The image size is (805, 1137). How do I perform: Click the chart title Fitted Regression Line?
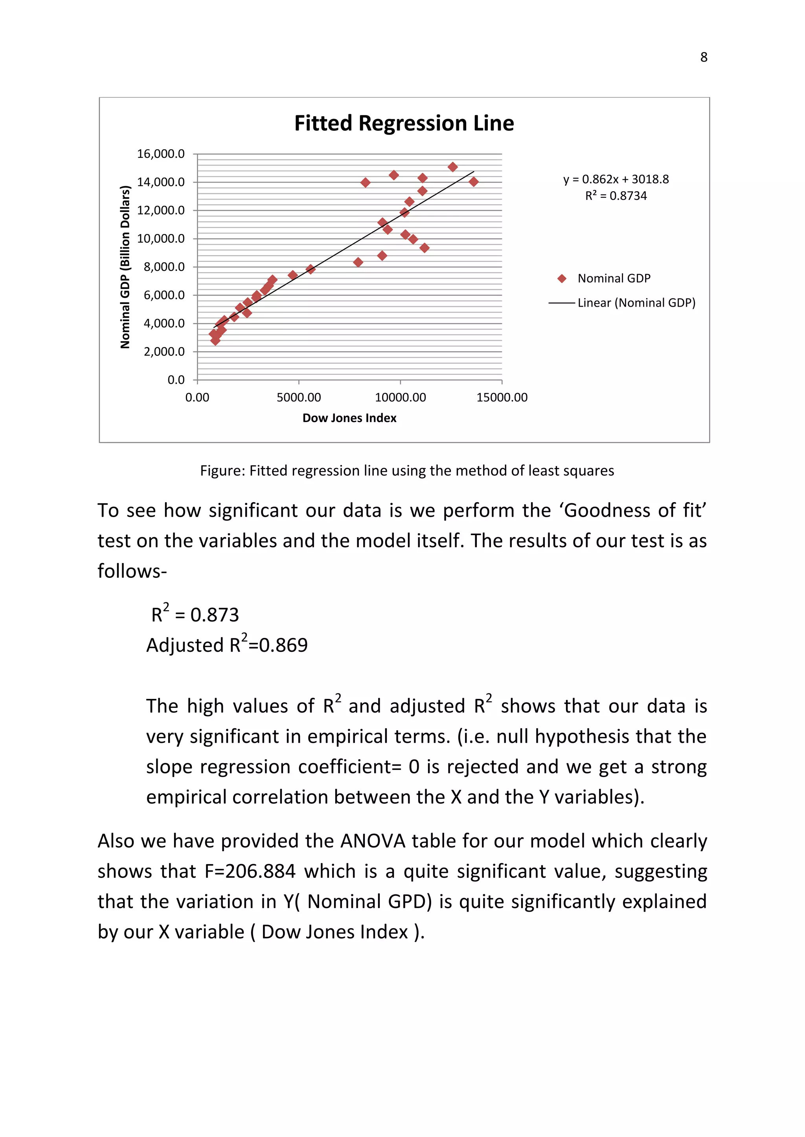tap(404, 123)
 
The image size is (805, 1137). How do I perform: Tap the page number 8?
tap(703, 57)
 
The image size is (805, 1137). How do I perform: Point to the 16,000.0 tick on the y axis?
tap(161, 154)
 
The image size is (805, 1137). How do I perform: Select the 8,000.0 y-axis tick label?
tap(164, 267)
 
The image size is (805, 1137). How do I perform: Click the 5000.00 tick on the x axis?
tap(298, 397)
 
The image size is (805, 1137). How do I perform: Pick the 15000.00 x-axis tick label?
tap(502, 397)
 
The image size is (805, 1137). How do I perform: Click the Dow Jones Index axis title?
tap(349, 418)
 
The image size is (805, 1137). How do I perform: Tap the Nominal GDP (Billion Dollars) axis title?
tap(125, 267)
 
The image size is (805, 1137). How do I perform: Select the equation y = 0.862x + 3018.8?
tap(616, 179)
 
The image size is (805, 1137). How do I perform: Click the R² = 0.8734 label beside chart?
tap(616, 196)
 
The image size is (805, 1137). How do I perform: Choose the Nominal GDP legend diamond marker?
tap(562, 279)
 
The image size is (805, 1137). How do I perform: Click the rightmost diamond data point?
tap(473, 182)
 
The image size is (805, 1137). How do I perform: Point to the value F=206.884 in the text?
tap(250, 871)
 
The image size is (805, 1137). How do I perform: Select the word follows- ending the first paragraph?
tap(132, 571)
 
